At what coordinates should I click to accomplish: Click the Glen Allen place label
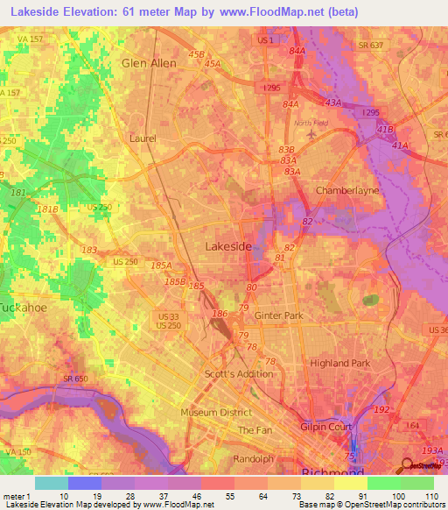point(149,63)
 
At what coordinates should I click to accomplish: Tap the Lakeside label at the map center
point(228,247)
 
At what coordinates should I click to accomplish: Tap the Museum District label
point(216,412)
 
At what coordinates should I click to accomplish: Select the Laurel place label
point(143,138)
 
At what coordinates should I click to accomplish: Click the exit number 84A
point(298,51)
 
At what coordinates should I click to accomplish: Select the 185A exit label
point(162,264)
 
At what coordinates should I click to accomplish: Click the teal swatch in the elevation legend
point(51,483)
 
